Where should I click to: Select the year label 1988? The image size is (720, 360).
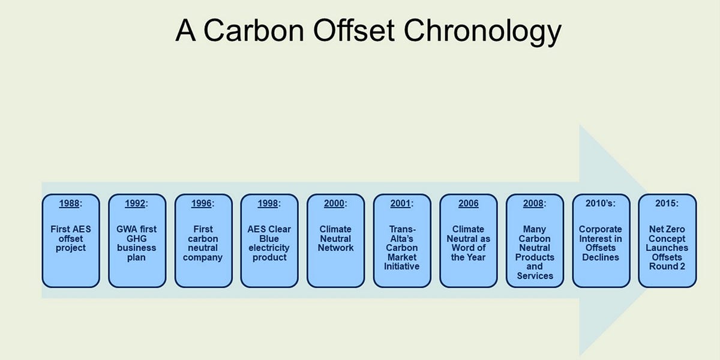click(x=69, y=203)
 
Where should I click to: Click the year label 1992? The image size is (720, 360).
click(x=136, y=203)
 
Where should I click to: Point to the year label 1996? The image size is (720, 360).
click(x=202, y=203)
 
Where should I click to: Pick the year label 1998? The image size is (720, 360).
click(x=268, y=203)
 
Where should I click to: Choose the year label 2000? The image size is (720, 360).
click(x=334, y=203)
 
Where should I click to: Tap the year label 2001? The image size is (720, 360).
click(x=400, y=203)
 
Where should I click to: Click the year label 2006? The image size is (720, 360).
click(x=468, y=203)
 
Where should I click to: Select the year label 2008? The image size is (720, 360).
click(x=533, y=203)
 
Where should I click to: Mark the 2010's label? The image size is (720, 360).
click(x=600, y=203)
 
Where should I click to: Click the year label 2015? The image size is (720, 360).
click(x=667, y=203)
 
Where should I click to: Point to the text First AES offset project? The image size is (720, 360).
click(x=71, y=239)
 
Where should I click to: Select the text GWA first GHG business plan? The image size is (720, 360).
click(x=137, y=243)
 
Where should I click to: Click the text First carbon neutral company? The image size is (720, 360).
click(x=203, y=243)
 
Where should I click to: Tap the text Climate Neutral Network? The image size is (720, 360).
click(x=335, y=239)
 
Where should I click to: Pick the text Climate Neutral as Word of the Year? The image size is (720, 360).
click(x=468, y=243)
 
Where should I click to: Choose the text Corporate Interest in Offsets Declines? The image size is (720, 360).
click(x=601, y=243)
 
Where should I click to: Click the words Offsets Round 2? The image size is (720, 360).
click(x=667, y=262)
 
